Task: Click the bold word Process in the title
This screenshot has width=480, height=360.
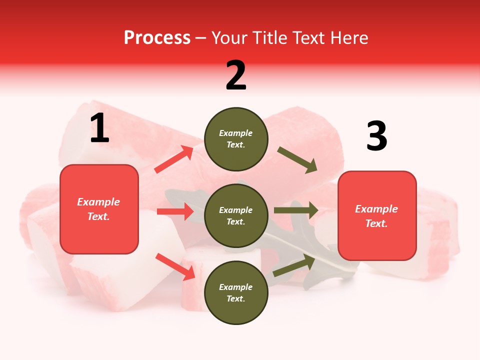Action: click(157, 38)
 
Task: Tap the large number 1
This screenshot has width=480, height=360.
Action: click(99, 128)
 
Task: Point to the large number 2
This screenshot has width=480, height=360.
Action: click(236, 76)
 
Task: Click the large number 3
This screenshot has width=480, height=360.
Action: click(376, 136)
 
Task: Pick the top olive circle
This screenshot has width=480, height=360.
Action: click(236, 139)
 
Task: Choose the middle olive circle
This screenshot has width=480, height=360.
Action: click(236, 215)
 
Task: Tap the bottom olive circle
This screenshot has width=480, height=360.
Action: click(236, 292)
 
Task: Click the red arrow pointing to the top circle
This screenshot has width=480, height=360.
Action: click(174, 159)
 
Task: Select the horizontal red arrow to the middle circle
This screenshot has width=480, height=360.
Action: click(175, 211)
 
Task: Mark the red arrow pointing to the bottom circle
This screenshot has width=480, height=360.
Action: click(175, 266)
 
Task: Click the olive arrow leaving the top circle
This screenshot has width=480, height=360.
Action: click(297, 160)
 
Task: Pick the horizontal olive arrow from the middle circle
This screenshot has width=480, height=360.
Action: click(296, 210)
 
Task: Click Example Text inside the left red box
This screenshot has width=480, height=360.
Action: click(98, 209)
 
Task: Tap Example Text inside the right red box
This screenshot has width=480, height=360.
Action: click(376, 216)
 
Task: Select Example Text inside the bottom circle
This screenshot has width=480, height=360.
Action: click(235, 292)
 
